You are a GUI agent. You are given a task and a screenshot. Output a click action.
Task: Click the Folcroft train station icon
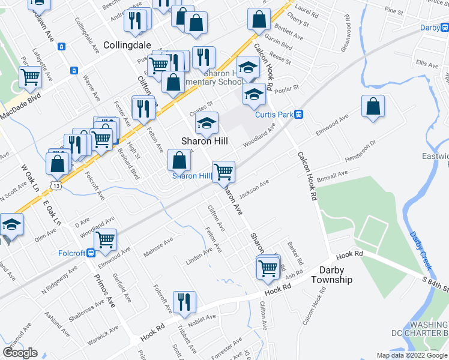coord(90,253)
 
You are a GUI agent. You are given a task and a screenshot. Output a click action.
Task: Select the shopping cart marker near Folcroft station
coord(105,238)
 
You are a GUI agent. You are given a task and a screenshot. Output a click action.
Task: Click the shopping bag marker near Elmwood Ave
coord(373,107)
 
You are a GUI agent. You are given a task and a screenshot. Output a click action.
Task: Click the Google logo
coord(20,352)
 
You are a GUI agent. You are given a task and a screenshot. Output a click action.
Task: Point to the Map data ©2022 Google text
coord(412,355)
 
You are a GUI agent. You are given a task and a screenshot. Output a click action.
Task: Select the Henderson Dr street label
coord(360,151)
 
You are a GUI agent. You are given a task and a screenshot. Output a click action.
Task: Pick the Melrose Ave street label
coord(158,246)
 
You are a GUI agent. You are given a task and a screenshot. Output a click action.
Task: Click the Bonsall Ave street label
coord(333,175)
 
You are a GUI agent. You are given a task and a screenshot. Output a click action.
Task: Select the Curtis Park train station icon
coord(298,114)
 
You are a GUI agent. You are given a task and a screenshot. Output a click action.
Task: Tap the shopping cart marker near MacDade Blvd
coord(29,76)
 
